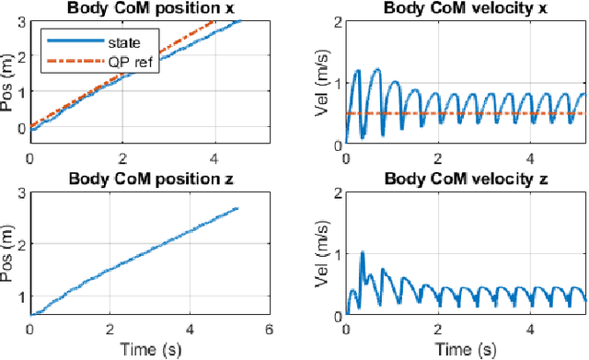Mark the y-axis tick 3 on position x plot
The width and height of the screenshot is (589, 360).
point(21,21)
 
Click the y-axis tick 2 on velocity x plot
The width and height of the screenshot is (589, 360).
point(337,21)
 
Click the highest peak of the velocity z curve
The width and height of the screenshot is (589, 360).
point(363,251)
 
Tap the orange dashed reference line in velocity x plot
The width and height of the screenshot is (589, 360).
point(460,113)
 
